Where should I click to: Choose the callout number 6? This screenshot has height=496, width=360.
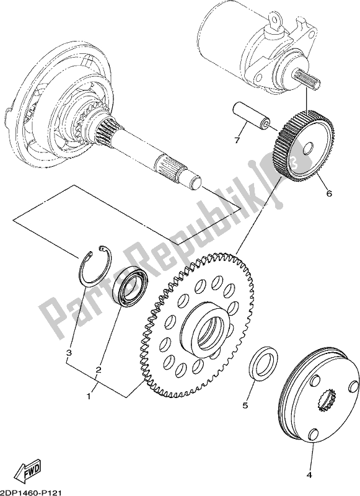click(x=328, y=193)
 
